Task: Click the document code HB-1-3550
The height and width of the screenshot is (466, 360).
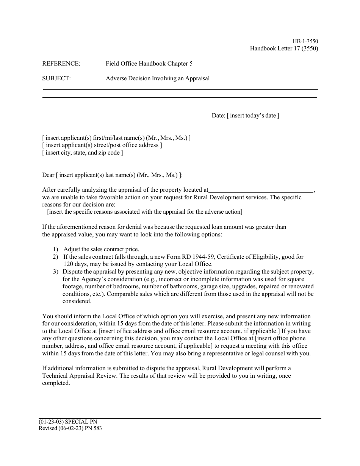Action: [x=305, y=41]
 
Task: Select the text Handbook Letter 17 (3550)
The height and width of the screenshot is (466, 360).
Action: [x=284, y=48]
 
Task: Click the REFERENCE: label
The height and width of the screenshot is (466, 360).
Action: [x=61, y=64]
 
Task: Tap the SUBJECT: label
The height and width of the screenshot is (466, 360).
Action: [x=56, y=78]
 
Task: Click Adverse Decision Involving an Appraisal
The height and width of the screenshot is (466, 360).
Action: [x=157, y=78]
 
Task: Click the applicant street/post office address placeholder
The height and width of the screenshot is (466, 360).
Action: [x=102, y=145]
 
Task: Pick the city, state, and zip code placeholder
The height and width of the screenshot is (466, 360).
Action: [x=83, y=153]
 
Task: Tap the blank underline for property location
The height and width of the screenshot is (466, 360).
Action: [x=261, y=190]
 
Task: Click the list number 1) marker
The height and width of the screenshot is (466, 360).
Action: [x=56, y=249]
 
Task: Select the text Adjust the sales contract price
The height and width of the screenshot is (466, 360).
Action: [x=101, y=249]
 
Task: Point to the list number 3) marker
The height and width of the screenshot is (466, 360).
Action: [x=56, y=272]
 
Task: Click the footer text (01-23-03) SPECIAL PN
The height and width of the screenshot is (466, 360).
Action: [x=65, y=422]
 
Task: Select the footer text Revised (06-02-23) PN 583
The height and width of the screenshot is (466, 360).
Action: [x=70, y=428]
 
